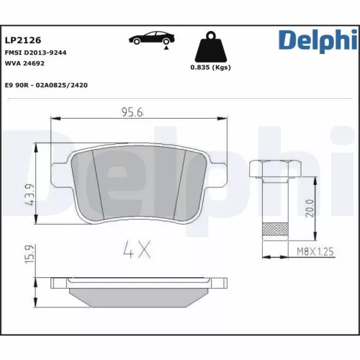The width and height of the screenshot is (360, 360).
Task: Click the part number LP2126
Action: click(x=20, y=40)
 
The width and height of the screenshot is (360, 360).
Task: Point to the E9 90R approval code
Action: click(x=46, y=84)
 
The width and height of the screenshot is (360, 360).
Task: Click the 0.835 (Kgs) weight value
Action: click(x=210, y=67)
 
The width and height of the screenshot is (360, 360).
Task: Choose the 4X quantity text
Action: click(x=136, y=251)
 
